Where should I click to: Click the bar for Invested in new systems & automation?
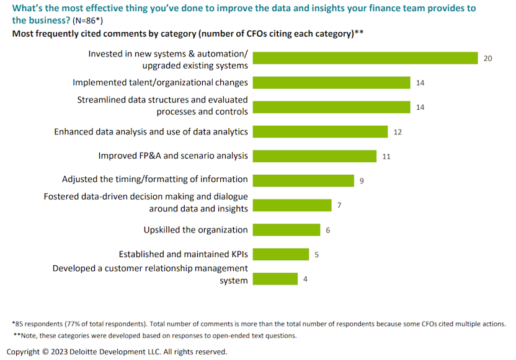(366, 58)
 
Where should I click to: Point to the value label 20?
(488, 58)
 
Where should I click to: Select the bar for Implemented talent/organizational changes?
(332, 82)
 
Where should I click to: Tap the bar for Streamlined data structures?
(332, 107)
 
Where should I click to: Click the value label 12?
(398, 131)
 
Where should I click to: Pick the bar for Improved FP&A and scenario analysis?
(315, 156)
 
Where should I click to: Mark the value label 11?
(386, 156)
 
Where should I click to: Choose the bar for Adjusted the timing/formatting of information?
(304, 180)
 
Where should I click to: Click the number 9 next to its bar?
(362, 181)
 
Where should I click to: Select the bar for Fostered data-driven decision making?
(293, 205)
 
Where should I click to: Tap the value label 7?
(339, 205)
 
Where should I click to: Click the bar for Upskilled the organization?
(287, 230)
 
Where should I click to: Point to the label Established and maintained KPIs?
(183, 255)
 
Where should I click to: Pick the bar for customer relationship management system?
(276, 279)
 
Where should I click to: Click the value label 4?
(305, 279)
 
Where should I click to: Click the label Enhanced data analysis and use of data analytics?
(151, 131)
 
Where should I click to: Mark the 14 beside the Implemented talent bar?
(420, 82)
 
